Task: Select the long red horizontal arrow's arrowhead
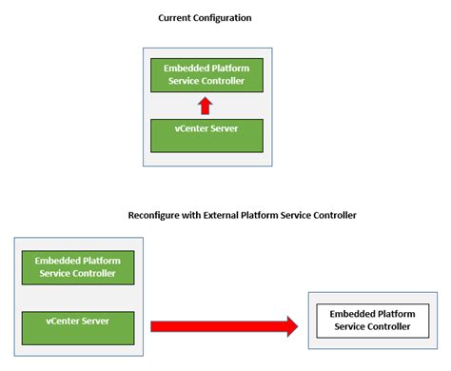288,326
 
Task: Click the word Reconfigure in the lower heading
159,216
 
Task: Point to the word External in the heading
226,216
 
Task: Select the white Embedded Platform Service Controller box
370,320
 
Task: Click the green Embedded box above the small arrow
207,74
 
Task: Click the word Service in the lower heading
308,216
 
